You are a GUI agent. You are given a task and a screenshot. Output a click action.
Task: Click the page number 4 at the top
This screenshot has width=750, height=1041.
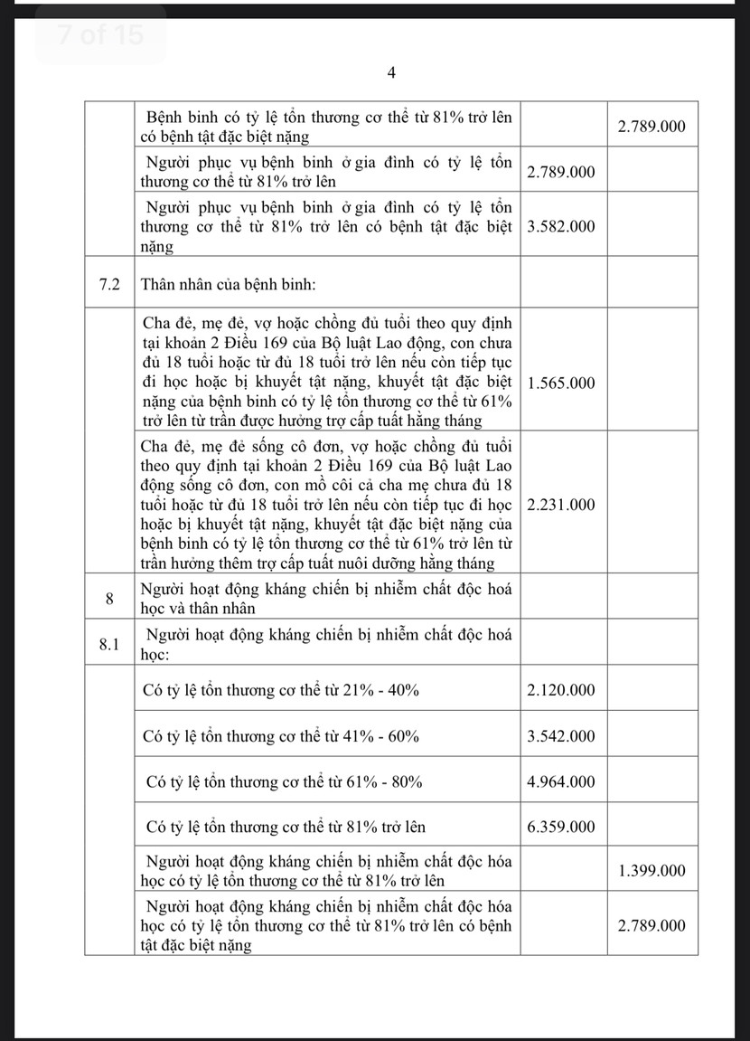(391, 73)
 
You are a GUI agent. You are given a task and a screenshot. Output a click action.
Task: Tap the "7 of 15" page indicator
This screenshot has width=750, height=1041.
(88, 35)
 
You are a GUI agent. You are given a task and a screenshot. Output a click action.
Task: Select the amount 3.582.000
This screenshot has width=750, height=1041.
(560, 227)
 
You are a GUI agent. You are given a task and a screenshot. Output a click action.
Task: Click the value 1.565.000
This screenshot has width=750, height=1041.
(560, 383)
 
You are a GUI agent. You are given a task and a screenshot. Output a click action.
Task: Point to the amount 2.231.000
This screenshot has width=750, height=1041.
(560, 505)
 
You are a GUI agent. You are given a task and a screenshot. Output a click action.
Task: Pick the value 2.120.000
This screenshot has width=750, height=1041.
(560, 690)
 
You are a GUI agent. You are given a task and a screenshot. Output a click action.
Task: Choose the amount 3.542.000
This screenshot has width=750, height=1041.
(560, 736)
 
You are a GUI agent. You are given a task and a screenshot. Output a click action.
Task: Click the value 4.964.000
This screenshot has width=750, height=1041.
(560, 781)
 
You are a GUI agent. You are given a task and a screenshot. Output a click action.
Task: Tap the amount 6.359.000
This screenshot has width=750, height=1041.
(560, 827)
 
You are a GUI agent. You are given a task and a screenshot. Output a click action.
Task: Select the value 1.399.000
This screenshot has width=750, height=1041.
(652, 871)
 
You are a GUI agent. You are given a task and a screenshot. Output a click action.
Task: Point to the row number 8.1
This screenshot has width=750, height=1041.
(108, 644)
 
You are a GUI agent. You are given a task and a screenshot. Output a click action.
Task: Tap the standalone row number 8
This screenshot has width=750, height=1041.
(108, 598)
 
